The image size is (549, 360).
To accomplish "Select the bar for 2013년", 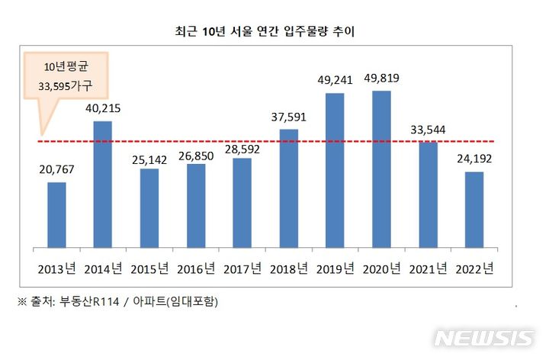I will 56,215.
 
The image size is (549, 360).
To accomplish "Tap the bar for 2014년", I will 103,185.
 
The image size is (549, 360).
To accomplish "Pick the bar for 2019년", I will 334,170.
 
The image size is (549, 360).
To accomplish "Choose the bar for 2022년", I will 474,210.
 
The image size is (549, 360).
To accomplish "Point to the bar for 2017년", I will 242,203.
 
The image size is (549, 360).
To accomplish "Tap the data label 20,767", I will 57,169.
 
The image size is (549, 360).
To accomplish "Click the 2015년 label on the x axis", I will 149,268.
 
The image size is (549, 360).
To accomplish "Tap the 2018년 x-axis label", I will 289,268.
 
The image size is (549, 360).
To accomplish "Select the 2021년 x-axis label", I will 428,268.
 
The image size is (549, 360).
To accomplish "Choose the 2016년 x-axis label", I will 196,268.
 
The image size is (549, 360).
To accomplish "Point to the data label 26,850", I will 197,151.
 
